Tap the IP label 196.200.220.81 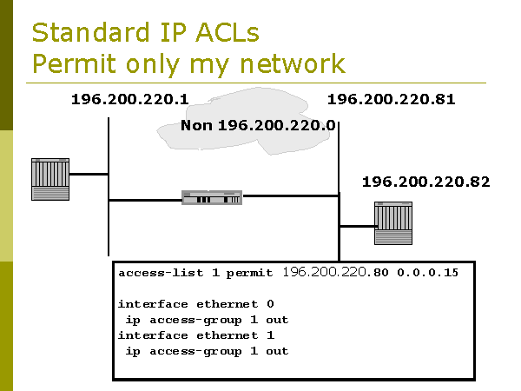pyautogui.click(x=391, y=99)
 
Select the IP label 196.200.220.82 pyautogui.click(x=425, y=182)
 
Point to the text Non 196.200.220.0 pyautogui.click(x=258, y=126)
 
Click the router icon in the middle pyautogui.click(x=212, y=198)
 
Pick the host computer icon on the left pyautogui.click(x=49, y=179)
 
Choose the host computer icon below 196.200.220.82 pyautogui.click(x=392, y=223)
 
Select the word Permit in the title pyautogui.click(x=72, y=63)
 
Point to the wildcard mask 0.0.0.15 pyautogui.click(x=428, y=273)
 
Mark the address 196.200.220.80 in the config pyautogui.click(x=336, y=273)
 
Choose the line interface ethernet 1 pyautogui.click(x=195, y=335)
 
